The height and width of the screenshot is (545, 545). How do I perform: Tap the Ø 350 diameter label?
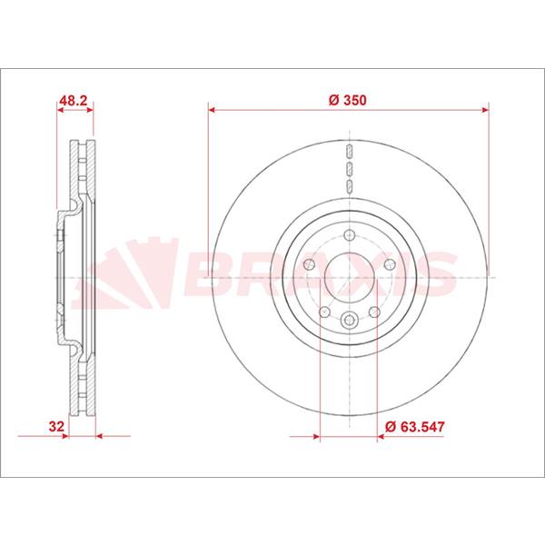[349, 101]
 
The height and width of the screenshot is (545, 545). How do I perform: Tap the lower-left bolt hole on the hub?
[324, 312]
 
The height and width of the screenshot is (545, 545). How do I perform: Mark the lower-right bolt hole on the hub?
[374, 312]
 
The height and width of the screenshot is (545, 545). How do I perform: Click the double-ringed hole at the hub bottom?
[349, 318]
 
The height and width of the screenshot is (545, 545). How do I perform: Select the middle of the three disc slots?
[349, 168]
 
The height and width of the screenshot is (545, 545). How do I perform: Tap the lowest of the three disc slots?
[349, 185]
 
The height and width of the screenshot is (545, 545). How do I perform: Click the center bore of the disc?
[349, 275]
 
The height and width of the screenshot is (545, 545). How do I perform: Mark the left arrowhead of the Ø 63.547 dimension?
[313, 437]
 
